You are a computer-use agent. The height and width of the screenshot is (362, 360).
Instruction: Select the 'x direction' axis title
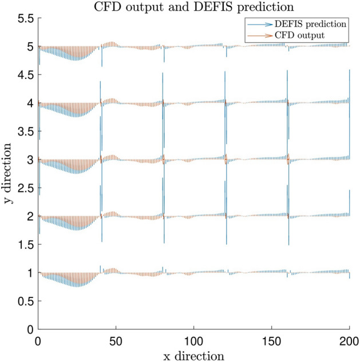coord(193,356)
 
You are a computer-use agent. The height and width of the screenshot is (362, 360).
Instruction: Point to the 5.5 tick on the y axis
coord(23,18)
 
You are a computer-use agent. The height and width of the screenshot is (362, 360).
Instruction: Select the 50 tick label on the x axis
coord(116,340)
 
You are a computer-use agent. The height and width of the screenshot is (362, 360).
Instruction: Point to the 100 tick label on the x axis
coord(193,340)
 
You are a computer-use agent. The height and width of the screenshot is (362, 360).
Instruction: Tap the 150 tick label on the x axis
coord(271,340)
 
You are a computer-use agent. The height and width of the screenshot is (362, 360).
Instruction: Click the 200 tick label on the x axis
coord(348,340)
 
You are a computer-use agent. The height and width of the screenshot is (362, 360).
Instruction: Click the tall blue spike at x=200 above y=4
coord(349,86)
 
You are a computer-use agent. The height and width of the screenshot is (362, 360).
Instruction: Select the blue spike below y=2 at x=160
coord(288,232)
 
